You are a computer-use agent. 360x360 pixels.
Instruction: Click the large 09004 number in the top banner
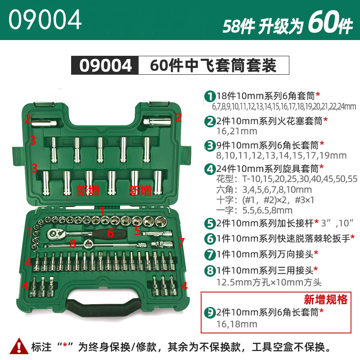[x=45, y=19]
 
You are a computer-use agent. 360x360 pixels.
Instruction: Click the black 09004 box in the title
[x=105, y=65]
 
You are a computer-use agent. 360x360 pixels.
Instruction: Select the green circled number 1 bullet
[x=209, y=96]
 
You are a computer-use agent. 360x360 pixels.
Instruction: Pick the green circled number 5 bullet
[x=209, y=223]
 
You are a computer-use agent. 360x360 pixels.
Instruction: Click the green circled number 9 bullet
[x=209, y=312]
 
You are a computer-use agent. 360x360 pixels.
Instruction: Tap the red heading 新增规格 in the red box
[x=325, y=299]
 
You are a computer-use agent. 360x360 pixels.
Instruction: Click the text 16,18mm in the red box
[x=237, y=324]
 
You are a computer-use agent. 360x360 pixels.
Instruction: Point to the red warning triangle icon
[x=19, y=346]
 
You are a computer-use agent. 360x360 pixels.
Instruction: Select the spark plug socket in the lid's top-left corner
[x=44, y=123]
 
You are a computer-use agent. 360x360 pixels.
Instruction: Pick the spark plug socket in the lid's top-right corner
[x=157, y=121]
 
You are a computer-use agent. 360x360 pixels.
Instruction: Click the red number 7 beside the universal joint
[x=181, y=242]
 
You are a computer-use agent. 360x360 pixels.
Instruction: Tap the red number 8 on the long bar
[x=72, y=243]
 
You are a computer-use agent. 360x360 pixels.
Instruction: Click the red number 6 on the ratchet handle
[x=111, y=233]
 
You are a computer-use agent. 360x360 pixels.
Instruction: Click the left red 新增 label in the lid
[x=88, y=190]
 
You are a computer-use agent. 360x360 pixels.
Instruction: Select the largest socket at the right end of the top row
[x=160, y=221]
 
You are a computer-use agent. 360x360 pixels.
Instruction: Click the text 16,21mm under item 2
[x=237, y=131]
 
